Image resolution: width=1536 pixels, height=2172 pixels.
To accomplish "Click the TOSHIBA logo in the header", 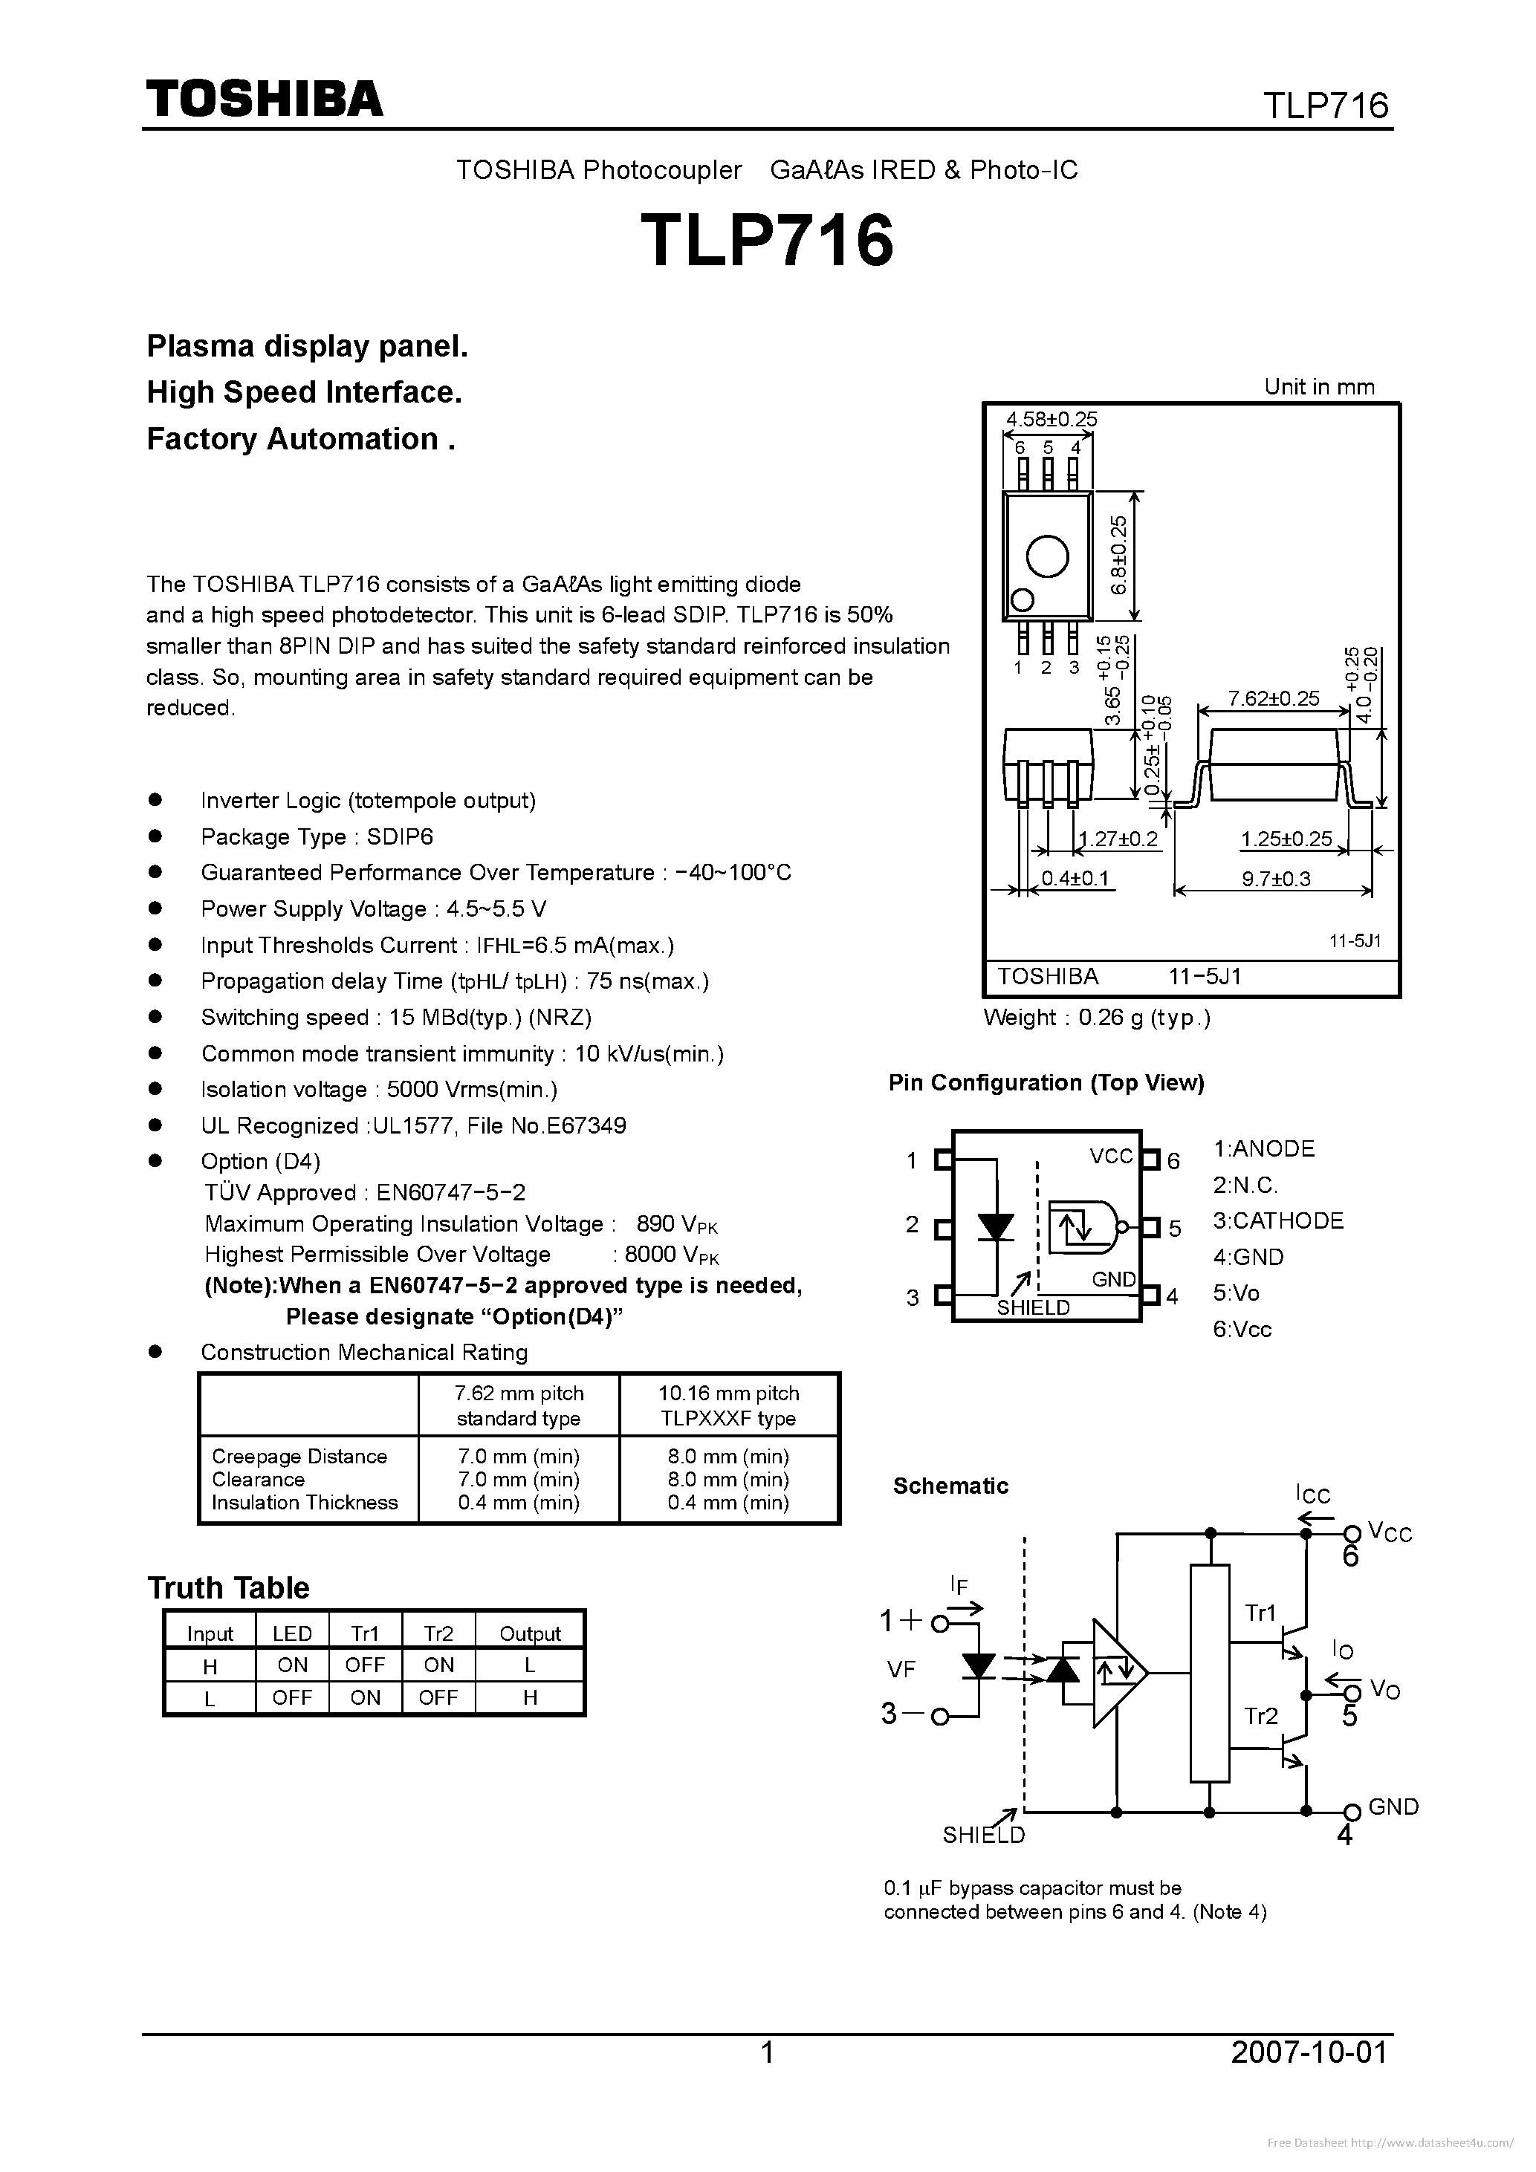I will point(264,98).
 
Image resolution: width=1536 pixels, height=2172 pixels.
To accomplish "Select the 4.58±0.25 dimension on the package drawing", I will point(1051,419).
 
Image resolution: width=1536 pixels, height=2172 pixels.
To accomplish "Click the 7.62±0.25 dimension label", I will point(1273,699).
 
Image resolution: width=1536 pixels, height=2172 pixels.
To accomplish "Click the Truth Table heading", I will point(228,1587).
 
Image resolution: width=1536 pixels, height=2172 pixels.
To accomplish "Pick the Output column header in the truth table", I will point(530,1633).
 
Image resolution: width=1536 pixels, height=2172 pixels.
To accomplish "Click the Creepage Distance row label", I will point(299,1457).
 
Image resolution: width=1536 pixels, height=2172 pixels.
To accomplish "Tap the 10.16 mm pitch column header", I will point(729,1394).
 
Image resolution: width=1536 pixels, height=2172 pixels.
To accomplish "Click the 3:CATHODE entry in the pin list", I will point(1277,1221).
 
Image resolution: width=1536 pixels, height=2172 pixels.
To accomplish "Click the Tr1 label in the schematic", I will point(1260,1613).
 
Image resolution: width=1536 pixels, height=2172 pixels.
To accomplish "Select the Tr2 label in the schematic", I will point(1260,1717).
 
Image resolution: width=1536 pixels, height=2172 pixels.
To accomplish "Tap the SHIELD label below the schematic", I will point(983,1836).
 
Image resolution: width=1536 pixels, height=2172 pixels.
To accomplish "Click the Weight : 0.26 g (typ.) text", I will point(1097,1018).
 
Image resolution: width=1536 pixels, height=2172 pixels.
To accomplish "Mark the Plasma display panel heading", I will point(307,347).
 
